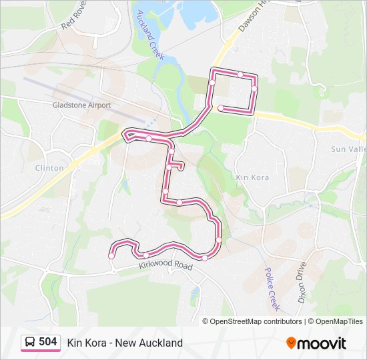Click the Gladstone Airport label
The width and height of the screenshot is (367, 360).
click(x=81, y=105)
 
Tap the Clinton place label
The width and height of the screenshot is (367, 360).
click(x=49, y=168)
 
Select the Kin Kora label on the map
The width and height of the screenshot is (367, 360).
click(x=252, y=177)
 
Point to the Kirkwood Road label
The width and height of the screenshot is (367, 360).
click(x=165, y=266)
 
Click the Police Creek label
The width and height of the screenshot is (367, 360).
click(x=271, y=288)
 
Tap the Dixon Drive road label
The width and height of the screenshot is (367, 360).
click(x=301, y=282)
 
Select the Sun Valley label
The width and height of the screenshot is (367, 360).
click(x=348, y=149)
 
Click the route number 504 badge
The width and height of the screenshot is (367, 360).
click(x=47, y=342)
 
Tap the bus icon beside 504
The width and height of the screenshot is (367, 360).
click(x=30, y=342)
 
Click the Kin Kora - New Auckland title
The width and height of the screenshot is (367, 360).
click(x=125, y=343)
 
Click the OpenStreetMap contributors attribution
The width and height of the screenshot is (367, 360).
click(x=252, y=321)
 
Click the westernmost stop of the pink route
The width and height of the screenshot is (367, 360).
click(x=111, y=255)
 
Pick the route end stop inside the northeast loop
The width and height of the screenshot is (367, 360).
click(x=221, y=108)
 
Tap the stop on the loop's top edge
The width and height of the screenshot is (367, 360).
click(x=240, y=74)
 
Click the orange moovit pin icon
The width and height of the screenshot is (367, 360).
click(x=291, y=343)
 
